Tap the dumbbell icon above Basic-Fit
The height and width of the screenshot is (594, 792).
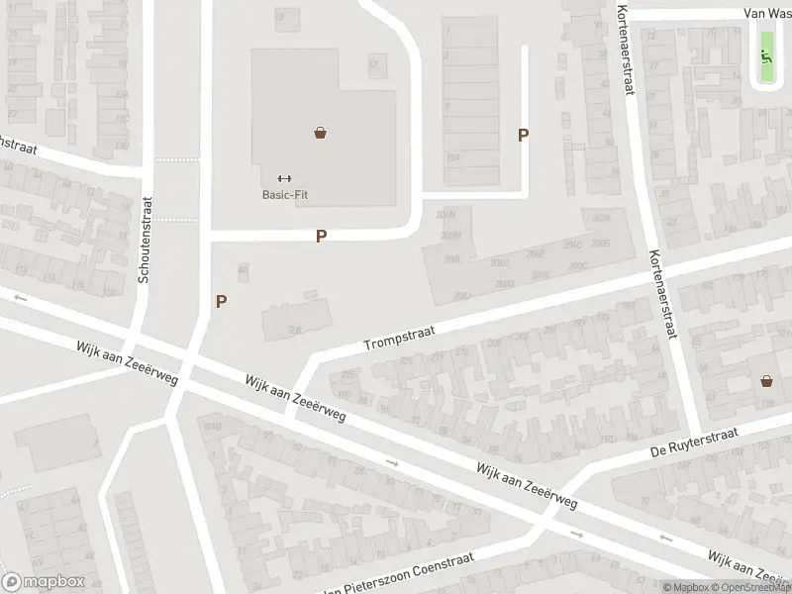[x=285, y=178]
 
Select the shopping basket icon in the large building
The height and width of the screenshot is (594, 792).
[x=321, y=132]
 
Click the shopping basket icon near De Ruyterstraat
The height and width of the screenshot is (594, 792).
[x=766, y=380]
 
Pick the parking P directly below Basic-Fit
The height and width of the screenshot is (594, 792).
[x=321, y=237]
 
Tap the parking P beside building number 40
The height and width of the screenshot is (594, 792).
[x=222, y=301]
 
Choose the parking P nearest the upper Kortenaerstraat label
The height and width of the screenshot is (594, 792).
[x=524, y=136]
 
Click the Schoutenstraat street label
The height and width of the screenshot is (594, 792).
[x=145, y=239]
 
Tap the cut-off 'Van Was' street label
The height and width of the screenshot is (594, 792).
[x=768, y=14]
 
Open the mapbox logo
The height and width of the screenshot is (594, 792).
[x=43, y=582]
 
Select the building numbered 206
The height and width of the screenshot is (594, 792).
[x=295, y=321]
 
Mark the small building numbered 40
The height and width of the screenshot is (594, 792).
[x=244, y=270]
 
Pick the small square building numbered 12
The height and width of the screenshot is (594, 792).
[x=374, y=65]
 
